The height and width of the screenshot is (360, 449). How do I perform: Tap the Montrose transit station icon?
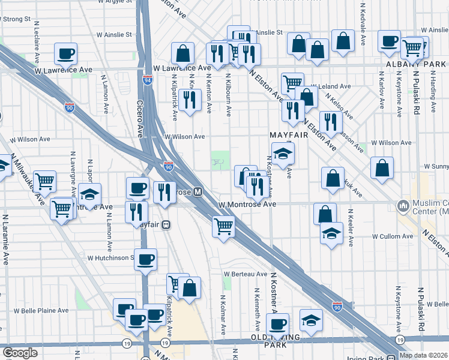click(x=197, y=192)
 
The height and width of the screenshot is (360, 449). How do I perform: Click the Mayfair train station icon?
click(x=166, y=224)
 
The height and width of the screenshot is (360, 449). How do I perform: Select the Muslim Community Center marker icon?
click(x=403, y=206)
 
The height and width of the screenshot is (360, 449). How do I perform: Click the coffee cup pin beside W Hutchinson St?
click(x=145, y=260)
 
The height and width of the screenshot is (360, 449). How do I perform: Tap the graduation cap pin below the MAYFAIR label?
click(x=283, y=154)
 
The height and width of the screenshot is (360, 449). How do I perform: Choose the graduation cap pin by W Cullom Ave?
click(x=331, y=233)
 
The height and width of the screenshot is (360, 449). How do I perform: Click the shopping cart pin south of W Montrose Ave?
click(x=223, y=227)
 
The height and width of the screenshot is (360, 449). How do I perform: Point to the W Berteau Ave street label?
click(x=246, y=274)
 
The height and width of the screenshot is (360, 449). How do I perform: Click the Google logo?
click(x=20, y=353)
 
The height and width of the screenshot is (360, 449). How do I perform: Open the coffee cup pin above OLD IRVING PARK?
click(x=277, y=325)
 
